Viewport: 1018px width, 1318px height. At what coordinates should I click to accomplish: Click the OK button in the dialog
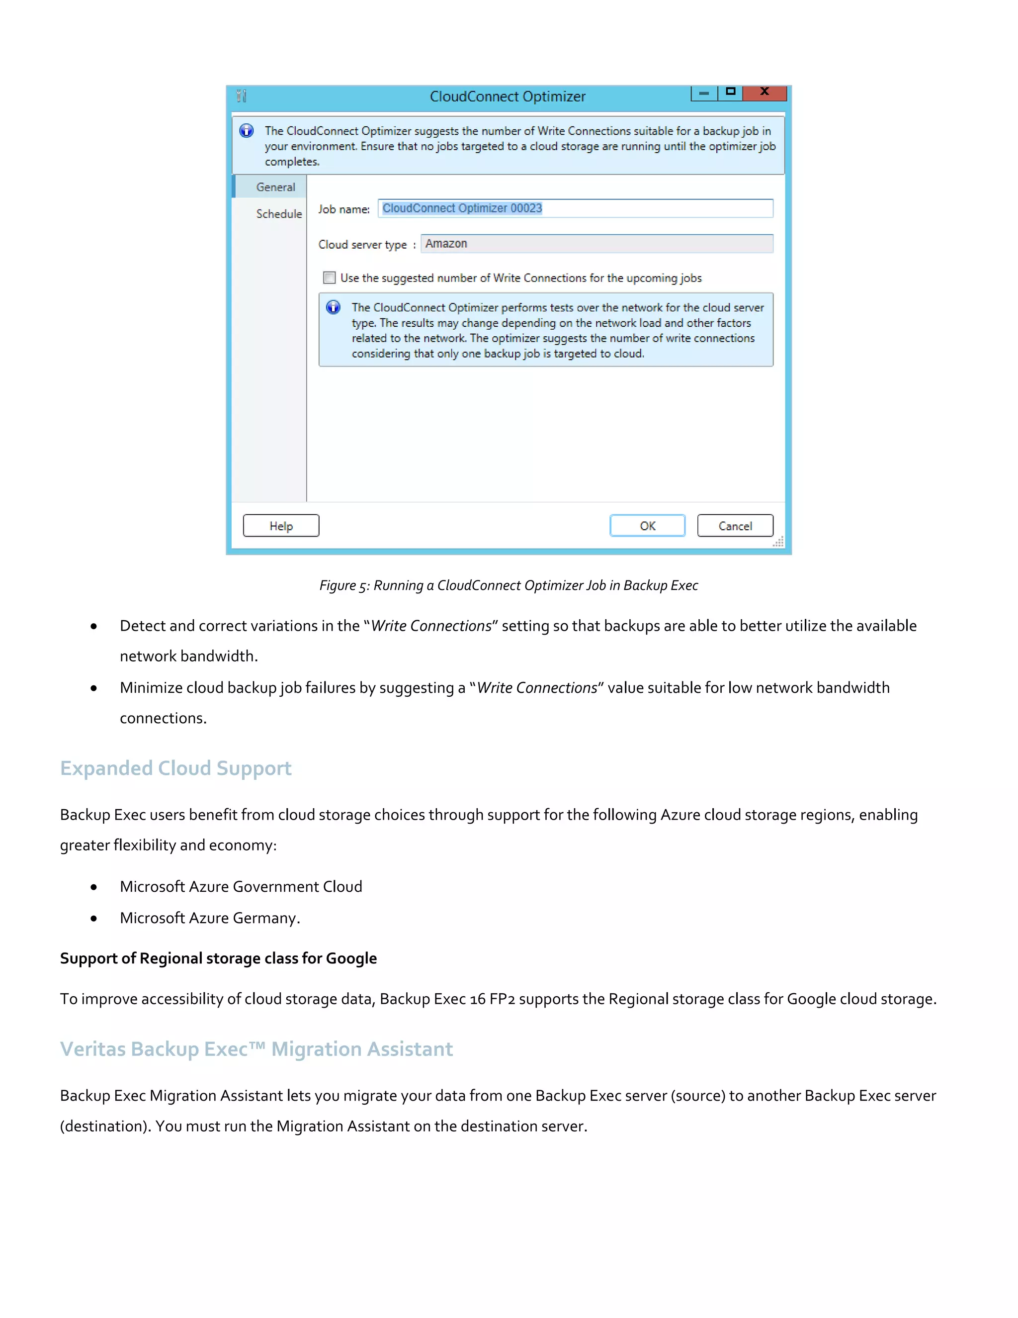tap(647, 526)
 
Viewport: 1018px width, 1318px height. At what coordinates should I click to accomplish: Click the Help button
tap(281, 526)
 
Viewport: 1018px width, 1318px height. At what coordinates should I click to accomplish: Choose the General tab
tap(275, 187)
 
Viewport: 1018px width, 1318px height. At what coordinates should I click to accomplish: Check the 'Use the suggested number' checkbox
tap(329, 278)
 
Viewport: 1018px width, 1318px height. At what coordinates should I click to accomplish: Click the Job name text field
tap(575, 208)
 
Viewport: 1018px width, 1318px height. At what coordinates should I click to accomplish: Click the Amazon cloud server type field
tap(596, 244)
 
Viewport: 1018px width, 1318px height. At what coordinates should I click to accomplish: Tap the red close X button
tap(764, 93)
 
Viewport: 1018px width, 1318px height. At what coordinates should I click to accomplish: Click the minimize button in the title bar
tap(704, 93)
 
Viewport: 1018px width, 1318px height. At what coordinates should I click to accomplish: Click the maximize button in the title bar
tap(730, 93)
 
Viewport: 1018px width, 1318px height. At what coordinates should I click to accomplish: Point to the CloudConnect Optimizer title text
tap(507, 96)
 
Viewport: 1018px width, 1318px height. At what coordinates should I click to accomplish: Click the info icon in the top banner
tap(247, 131)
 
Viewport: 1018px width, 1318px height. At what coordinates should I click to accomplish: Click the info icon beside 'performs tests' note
tap(334, 307)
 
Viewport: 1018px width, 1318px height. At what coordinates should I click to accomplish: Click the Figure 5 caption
tap(509, 585)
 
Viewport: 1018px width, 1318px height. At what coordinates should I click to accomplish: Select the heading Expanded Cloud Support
tap(175, 768)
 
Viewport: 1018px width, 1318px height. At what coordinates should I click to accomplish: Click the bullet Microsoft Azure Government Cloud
tap(241, 886)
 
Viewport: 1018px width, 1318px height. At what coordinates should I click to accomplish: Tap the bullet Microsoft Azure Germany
tap(209, 918)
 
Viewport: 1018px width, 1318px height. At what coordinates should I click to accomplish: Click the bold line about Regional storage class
tap(218, 958)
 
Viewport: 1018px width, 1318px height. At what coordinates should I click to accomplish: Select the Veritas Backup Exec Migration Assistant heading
tap(256, 1049)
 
